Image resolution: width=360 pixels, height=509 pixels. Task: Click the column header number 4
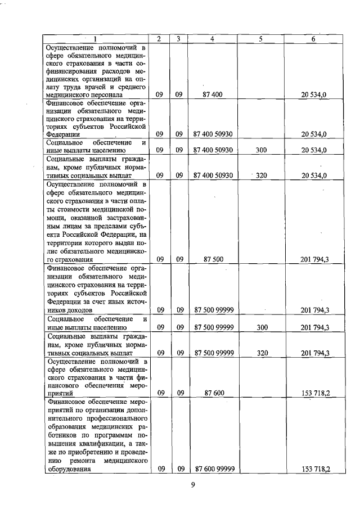click(212, 39)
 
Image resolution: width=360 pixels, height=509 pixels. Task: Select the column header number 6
click(313, 39)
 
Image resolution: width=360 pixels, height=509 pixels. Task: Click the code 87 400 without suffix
click(212, 95)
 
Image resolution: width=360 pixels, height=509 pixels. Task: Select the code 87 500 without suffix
click(212, 259)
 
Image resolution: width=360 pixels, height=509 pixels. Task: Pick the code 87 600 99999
click(214, 468)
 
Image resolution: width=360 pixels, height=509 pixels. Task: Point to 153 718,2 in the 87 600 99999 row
click(316, 469)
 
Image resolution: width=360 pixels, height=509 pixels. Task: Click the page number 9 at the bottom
click(192, 487)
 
